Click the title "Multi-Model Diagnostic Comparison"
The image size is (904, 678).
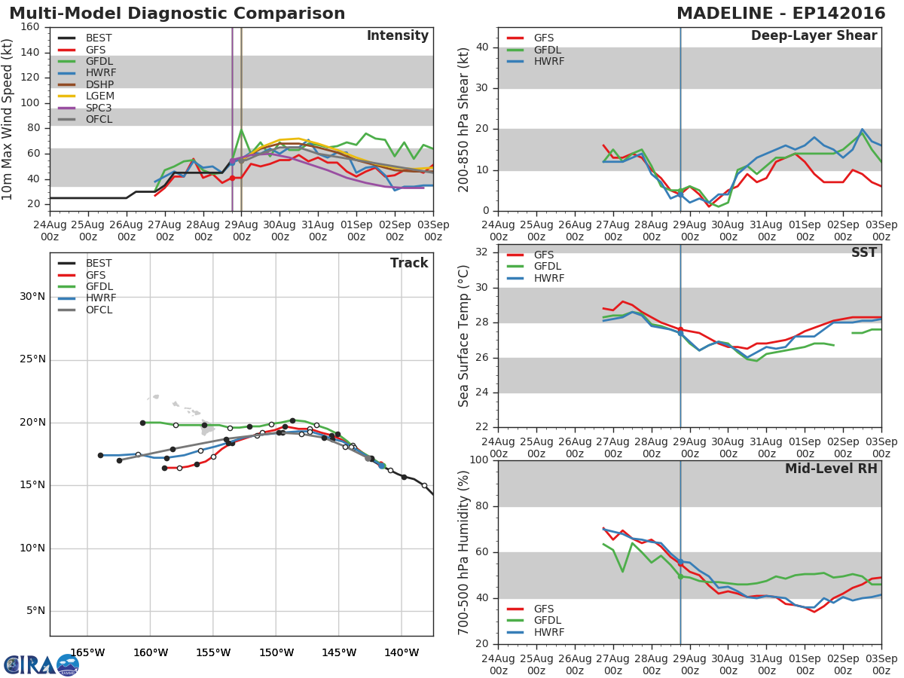(x=177, y=14)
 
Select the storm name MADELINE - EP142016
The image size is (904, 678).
(x=778, y=14)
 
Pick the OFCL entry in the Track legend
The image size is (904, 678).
(x=99, y=310)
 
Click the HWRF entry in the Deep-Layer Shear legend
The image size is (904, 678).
(x=548, y=61)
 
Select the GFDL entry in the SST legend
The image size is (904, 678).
(x=548, y=267)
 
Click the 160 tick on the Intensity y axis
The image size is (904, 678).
(x=30, y=27)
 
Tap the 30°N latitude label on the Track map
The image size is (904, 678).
(x=32, y=296)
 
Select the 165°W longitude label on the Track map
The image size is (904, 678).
(x=87, y=652)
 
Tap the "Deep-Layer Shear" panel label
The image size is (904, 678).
(x=814, y=36)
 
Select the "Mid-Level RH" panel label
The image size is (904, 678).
(x=831, y=469)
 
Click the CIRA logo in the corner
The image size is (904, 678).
(x=41, y=664)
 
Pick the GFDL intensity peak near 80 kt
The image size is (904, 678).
(x=241, y=129)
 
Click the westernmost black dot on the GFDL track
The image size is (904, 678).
(x=142, y=423)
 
